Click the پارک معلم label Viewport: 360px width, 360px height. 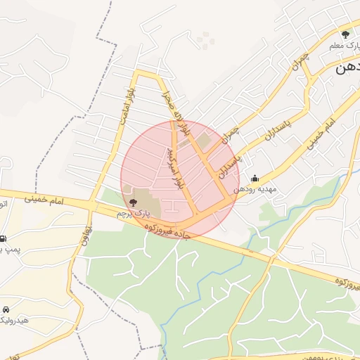coord(345,45)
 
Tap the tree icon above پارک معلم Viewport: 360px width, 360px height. coord(345,34)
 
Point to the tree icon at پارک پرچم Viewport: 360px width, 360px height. coord(134,202)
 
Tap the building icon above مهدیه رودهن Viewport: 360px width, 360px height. coord(254,179)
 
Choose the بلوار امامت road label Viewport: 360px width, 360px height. coord(126,105)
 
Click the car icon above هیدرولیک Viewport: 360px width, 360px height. coord(6,309)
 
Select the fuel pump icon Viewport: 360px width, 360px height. coord(4,239)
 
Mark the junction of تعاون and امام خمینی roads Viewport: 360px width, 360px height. coord(91,205)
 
